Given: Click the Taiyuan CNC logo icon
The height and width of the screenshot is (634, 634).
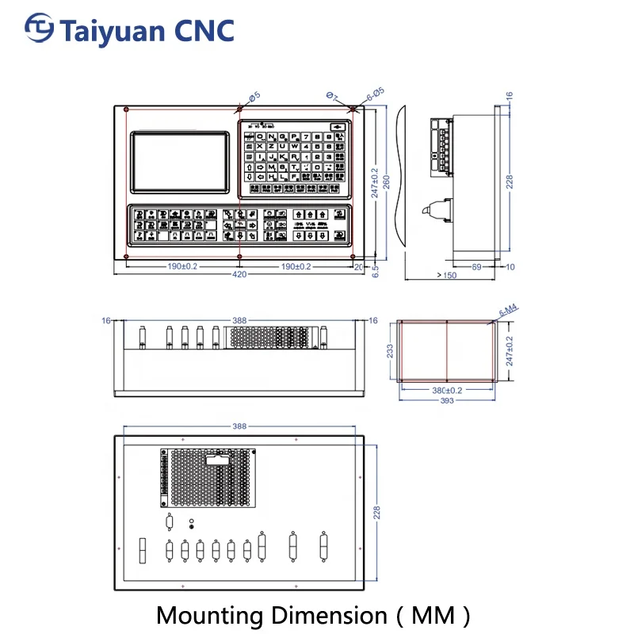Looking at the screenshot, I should (x=39, y=29).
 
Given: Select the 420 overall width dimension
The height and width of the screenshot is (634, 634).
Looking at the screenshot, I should (x=239, y=275).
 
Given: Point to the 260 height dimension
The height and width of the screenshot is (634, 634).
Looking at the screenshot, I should (x=387, y=183).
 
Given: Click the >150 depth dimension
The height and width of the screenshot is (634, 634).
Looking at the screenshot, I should (x=446, y=275).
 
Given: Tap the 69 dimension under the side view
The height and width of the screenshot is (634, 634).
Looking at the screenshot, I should (x=476, y=267).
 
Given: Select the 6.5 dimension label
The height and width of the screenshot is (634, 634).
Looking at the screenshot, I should (x=376, y=270).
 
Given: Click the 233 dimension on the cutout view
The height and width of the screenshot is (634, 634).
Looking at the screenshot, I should (x=389, y=351).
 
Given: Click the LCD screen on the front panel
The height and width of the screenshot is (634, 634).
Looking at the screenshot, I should (x=179, y=161).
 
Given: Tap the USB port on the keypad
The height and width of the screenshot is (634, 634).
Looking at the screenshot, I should (x=338, y=125).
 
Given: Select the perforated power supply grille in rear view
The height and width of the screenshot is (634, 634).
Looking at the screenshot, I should (x=209, y=478).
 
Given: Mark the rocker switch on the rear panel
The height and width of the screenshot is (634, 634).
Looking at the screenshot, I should (x=143, y=551).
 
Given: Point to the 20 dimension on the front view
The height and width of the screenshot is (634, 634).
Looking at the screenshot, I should (x=358, y=267).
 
